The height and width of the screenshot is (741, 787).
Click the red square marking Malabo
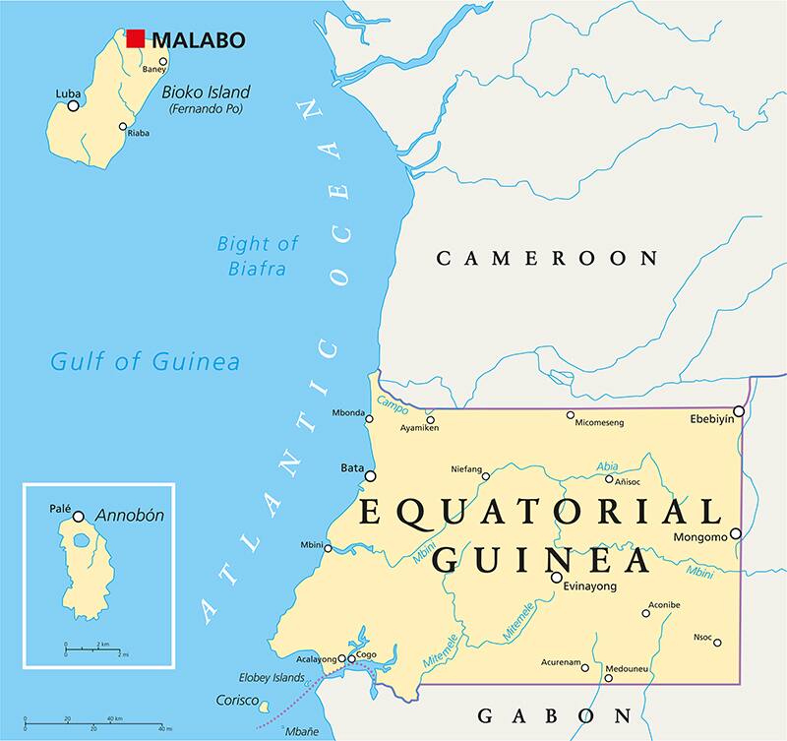[136, 39]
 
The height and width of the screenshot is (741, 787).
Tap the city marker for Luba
[73, 105]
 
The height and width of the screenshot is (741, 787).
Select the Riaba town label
[139, 134]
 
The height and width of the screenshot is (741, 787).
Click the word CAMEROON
[546, 259]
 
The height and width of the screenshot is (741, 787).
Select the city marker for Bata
[371, 476]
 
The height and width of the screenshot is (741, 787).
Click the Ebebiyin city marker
[739, 410]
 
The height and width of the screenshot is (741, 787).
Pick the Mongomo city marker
[735, 534]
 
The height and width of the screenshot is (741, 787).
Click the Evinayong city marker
[557, 577]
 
